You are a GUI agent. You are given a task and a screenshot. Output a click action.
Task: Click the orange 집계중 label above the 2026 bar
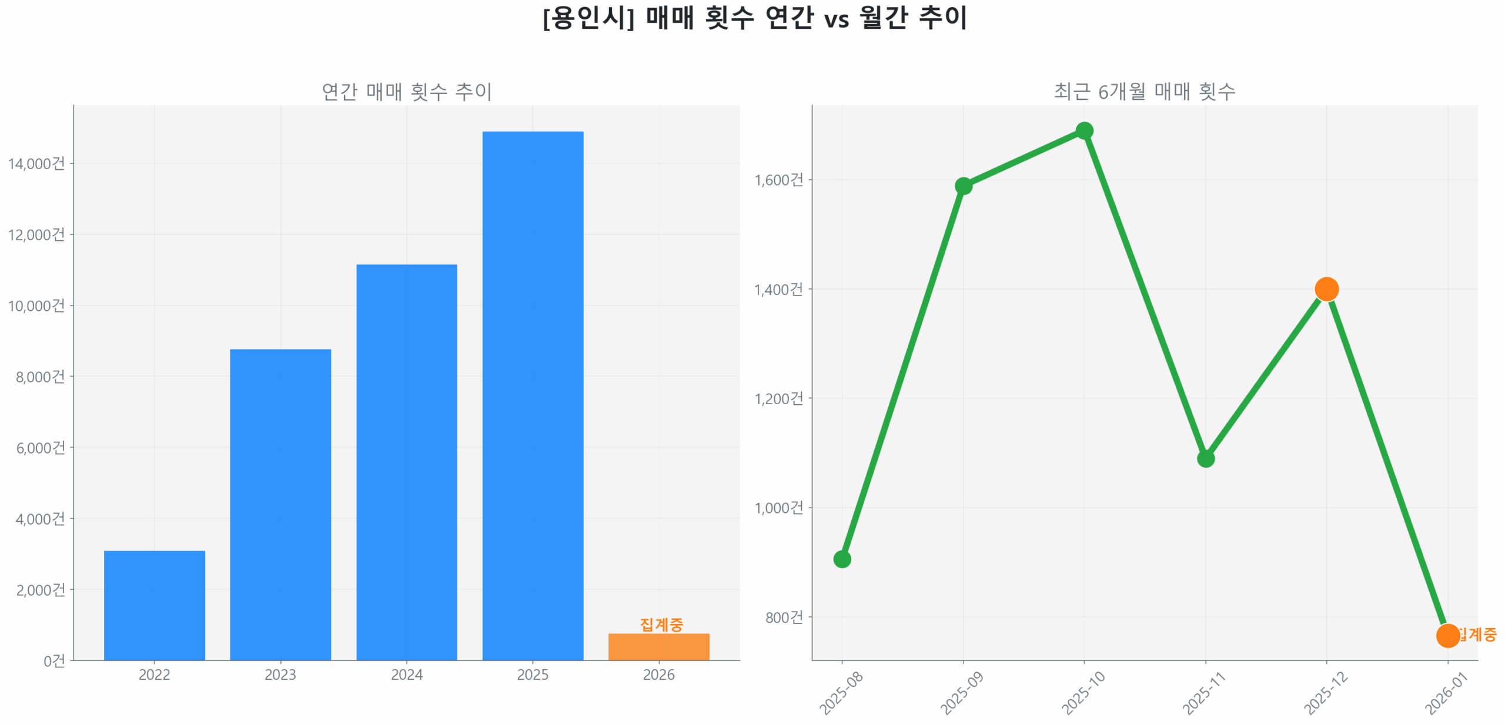[661, 624]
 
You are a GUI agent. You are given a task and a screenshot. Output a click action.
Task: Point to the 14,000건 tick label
[36, 163]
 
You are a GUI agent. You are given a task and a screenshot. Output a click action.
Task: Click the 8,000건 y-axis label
[40, 377]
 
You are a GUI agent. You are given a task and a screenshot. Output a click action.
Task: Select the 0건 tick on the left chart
[54, 660]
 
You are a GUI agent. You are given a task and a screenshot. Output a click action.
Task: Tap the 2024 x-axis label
[406, 674]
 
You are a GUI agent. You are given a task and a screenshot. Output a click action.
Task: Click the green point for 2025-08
[841, 559]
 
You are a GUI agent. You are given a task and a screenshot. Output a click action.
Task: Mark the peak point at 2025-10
[1083, 130]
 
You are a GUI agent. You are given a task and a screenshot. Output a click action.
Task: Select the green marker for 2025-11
[1205, 458]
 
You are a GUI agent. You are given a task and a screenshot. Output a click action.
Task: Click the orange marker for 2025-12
[1326, 288]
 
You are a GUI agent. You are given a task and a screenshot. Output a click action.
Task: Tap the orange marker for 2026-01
[1447, 635]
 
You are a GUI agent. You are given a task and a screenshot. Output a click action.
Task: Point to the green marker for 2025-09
[962, 186]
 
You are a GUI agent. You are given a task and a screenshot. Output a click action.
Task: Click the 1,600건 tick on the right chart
[778, 179]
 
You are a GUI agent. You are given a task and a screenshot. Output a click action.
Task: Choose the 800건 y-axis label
[783, 616]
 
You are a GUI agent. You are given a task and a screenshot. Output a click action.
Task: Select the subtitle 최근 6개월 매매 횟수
[1143, 91]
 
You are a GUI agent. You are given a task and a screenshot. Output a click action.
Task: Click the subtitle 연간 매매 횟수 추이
[406, 91]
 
